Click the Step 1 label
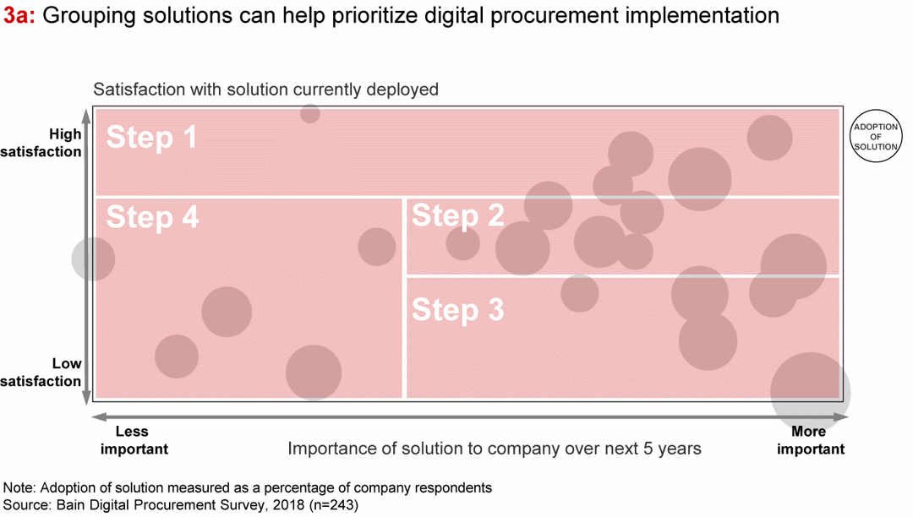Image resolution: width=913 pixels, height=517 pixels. click(152, 137)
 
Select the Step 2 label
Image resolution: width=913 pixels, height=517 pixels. click(457, 216)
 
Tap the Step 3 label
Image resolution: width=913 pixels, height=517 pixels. click(457, 310)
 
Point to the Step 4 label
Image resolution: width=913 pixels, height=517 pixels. click(152, 217)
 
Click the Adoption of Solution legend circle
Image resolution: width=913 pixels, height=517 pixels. click(876, 137)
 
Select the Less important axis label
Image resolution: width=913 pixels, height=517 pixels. click(133, 440)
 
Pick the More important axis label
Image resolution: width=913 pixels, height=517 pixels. click(809, 440)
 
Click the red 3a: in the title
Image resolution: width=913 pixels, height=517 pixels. click(19, 16)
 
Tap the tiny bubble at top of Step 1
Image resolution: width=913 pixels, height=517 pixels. click(310, 113)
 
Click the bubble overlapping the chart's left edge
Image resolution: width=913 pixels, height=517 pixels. click(92, 258)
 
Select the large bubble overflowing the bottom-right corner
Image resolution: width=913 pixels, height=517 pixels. click(810, 391)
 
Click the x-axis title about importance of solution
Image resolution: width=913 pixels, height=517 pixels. click(494, 449)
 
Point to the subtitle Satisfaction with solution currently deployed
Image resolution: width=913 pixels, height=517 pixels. click(265, 90)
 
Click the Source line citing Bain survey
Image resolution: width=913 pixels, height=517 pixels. click(182, 505)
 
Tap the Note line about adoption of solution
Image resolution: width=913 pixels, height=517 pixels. click(248, 488)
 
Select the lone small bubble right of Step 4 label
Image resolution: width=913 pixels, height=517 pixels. click(377, 247)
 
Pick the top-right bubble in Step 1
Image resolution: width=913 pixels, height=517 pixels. click(769, 138)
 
